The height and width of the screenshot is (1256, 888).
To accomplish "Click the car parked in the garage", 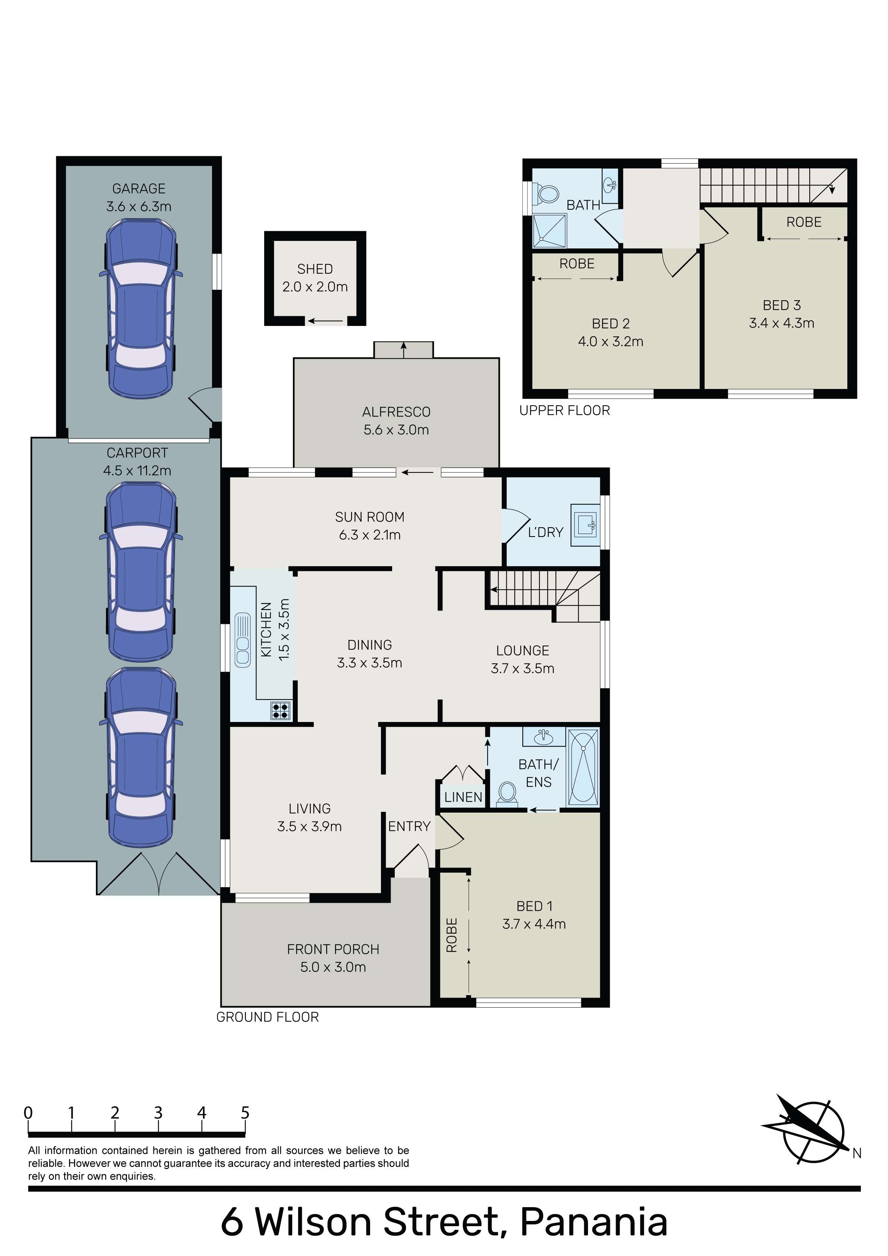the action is click(x=141, y=308).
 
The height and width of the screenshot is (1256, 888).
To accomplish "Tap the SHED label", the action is click(x=315, y=269).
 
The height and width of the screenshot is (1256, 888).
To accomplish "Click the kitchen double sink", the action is click(x=243, y=640).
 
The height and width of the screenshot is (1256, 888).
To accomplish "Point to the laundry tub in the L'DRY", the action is click(x=585, y=525).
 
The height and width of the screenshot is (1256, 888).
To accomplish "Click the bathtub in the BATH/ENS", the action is click(x=583, y=767).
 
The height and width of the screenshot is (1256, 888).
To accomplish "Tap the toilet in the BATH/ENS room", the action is click(x=507, y=794).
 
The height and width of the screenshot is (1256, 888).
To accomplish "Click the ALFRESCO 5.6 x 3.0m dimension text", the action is click(x=396, y=430).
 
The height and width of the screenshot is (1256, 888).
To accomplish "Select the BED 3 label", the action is click(x=781, y=305).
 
